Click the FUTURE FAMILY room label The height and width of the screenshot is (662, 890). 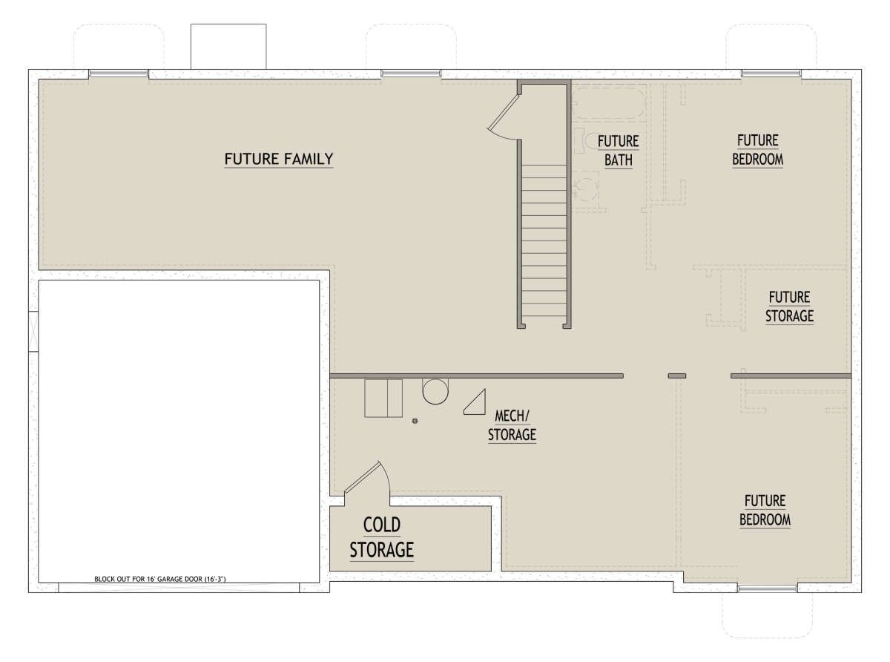pyautogui.click(x=278, y=159)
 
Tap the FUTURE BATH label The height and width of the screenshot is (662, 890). pyautogui.click(x=618, y=151)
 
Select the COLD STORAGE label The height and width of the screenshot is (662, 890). pyautogui.click(x=382, y=537)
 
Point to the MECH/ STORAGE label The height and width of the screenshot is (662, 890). pyautogui.click(x=512, y=425)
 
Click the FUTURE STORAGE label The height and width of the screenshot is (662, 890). pyautogui.click(x=789, y=307)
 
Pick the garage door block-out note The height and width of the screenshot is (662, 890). pyautogui.click(x=160, y=579)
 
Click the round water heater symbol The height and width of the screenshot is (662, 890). pyautogui.click(x=435, y=391)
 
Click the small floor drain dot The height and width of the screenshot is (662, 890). pyautogui.click(x=415, y=421)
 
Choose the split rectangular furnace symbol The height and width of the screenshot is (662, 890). pyautogui.click(x=383, y=398)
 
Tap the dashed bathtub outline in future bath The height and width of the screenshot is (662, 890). pyautogui.click(x=608, y=103)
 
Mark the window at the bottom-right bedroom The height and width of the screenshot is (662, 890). pyautogui.click(x=767, y=589)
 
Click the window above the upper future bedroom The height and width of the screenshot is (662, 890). pyautogui.click(x=771, y=73)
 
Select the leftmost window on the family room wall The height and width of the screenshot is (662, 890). pyautogui.click(x=119, y=73)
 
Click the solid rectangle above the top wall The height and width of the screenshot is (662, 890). pyautogui.click(x=228, y=47)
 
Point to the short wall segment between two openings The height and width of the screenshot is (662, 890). pyautogui.click(x=676, y=376)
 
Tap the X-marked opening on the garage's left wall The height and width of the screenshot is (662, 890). pyautogui.click(x=33, y=332)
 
